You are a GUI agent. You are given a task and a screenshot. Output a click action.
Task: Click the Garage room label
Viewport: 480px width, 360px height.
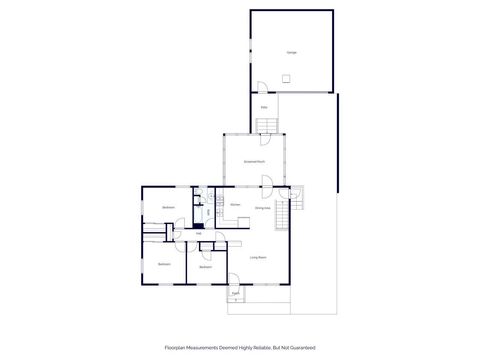(291, 52)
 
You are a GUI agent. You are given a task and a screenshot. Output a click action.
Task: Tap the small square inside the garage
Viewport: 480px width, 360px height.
(285, 78)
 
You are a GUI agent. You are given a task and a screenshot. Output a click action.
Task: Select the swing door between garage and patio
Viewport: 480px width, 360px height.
(260, 87)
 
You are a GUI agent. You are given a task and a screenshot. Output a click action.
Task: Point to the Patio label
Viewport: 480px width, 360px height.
(264, 107)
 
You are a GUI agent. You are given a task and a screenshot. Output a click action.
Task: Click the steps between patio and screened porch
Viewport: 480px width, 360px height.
(268, 125)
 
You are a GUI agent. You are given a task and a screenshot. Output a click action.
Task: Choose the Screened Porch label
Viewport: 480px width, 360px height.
(254, 161)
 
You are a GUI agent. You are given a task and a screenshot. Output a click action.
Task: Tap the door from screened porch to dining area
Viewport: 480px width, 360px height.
(267, 182)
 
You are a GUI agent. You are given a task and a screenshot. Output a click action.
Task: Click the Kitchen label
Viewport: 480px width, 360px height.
(235, 207)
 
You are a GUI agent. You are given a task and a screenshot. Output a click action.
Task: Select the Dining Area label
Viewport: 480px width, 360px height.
(262, 208)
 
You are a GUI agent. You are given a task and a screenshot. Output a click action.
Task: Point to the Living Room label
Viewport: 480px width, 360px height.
(257, 258)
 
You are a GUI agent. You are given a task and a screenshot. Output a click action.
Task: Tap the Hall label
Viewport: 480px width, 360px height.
(185, 235)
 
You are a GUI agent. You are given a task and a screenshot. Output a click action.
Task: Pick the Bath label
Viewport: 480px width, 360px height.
(208, 211)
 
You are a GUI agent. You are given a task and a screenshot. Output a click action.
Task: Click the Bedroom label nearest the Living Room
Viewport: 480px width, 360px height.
(205, 267)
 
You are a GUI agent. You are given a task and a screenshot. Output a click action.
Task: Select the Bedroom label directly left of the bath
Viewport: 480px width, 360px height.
(169, 207)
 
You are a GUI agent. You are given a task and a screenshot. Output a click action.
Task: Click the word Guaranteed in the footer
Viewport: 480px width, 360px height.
(300, 348)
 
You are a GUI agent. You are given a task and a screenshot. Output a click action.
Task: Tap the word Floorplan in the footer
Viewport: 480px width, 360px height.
(177, 348)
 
